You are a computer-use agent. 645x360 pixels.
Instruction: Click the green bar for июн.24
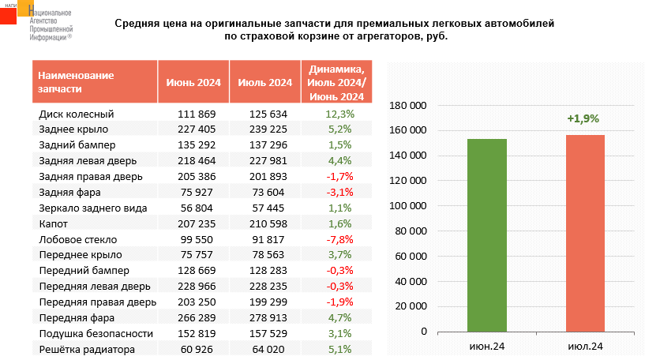click(486, 235)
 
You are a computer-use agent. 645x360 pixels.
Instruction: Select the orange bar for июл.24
click(585, 233)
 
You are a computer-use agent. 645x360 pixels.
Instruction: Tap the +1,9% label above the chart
click(583, 118)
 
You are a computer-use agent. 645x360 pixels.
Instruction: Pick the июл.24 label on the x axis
click(585, 346)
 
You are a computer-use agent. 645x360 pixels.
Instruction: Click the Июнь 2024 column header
click(193, 82)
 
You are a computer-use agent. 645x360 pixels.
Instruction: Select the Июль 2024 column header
click(264, 82)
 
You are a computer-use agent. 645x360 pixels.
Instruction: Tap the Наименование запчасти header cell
click(76, 82)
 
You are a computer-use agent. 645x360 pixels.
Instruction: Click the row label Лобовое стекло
click(78, 239)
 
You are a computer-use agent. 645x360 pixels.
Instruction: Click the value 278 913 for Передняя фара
click(268, 317)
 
